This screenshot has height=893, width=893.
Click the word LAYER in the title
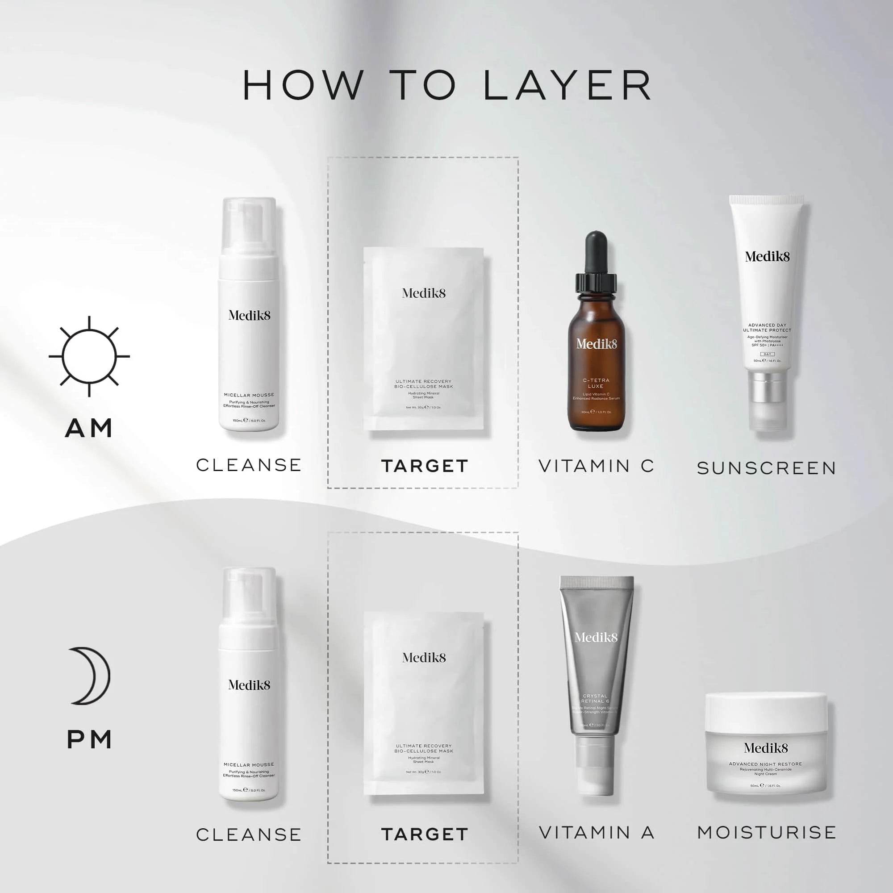(568, 86)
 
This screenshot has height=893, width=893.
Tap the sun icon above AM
(89, 356)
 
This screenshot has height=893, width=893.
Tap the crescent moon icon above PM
(91, 676)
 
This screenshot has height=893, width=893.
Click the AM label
(89, 428)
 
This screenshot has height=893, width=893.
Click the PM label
(89, 739)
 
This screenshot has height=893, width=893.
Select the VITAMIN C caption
(596, 466)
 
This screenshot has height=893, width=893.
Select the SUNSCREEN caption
(767, 468)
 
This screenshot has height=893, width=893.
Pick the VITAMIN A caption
(596, 832)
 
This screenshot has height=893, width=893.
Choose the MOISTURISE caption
(767, 832)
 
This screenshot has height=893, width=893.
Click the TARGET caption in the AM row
(425, 466)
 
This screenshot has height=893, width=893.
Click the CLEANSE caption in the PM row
(249, 835)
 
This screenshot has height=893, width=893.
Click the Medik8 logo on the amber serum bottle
(596, 344)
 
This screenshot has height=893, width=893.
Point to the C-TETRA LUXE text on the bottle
(596, 383)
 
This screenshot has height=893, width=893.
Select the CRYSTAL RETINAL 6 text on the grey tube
(595, 698)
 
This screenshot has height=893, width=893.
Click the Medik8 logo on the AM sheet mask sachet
(424, 293)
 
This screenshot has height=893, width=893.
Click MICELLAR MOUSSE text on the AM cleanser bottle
(249, 395)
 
